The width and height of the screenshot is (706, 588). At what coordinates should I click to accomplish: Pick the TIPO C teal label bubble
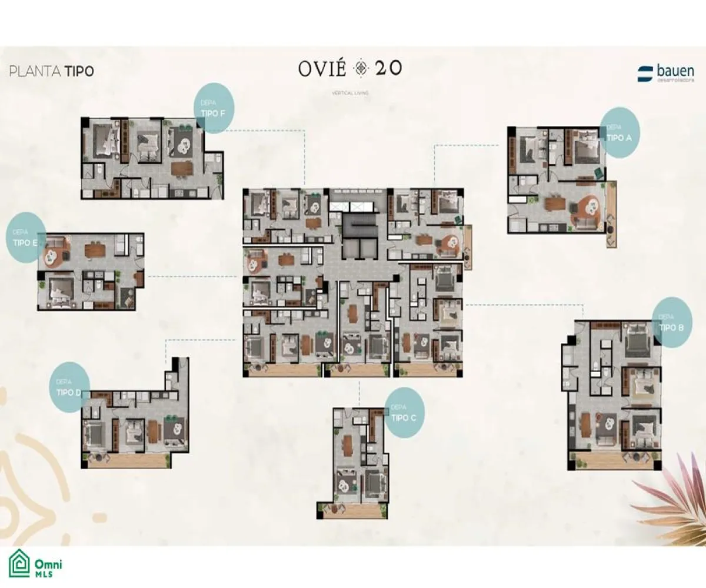tap(404, 413)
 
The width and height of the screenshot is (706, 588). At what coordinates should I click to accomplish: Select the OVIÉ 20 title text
tap(350, 68)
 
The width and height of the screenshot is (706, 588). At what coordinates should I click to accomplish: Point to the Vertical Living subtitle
tap(351, 93)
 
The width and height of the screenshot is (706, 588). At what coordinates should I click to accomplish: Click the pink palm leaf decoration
tap(671, 500)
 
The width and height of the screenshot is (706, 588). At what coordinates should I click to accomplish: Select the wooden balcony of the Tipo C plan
tap(352, 510)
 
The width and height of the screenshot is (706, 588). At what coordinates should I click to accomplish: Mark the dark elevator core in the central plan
tap(359, 233)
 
